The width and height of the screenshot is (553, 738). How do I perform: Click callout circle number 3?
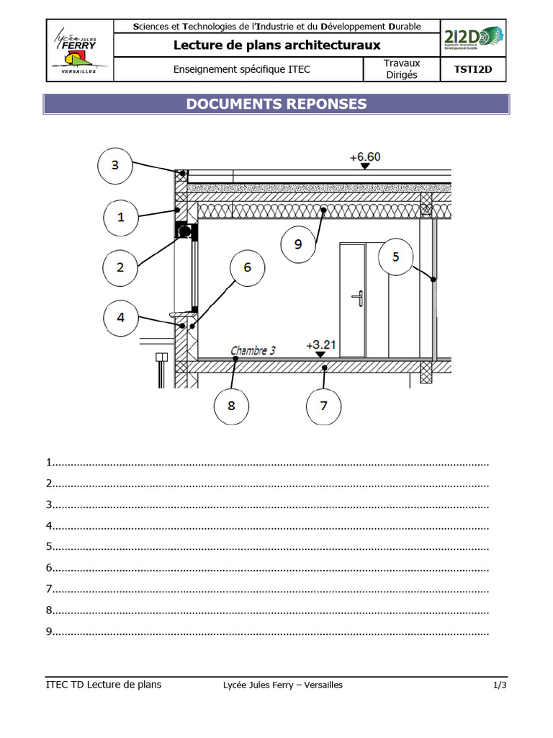115,165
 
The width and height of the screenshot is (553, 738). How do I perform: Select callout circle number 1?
121,216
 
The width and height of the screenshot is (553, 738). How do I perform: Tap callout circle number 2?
120,267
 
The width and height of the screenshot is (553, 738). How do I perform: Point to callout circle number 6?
248,267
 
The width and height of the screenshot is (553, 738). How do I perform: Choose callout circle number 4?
121,317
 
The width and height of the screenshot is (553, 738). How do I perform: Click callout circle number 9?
298,244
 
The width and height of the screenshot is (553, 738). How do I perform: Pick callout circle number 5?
396,257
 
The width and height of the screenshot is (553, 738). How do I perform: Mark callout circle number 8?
231,405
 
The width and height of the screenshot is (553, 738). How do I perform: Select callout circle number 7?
323,405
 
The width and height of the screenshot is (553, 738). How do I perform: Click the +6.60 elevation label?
365,156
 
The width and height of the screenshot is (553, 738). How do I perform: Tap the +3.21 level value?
321,344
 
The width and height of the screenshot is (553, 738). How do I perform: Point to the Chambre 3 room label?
253,351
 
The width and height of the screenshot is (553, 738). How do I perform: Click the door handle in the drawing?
356,297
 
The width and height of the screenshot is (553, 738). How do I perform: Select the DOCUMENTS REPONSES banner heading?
276,104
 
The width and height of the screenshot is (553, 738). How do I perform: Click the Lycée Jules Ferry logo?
80,50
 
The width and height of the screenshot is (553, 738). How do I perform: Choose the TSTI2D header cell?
473,70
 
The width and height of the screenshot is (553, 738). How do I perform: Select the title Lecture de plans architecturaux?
276,45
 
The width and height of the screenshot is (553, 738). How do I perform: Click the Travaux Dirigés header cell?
401,69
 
